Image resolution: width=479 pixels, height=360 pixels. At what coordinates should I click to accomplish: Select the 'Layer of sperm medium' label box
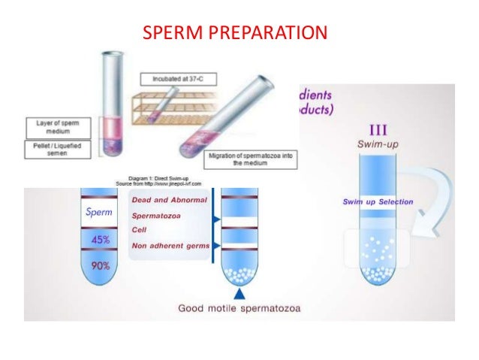[56, 126]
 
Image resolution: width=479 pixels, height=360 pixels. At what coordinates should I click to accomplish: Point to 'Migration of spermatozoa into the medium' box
[245, 158]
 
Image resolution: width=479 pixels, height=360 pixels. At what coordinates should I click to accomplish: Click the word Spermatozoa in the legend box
[161, 216]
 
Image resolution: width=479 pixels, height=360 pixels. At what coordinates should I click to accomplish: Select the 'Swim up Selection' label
[378, 202]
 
